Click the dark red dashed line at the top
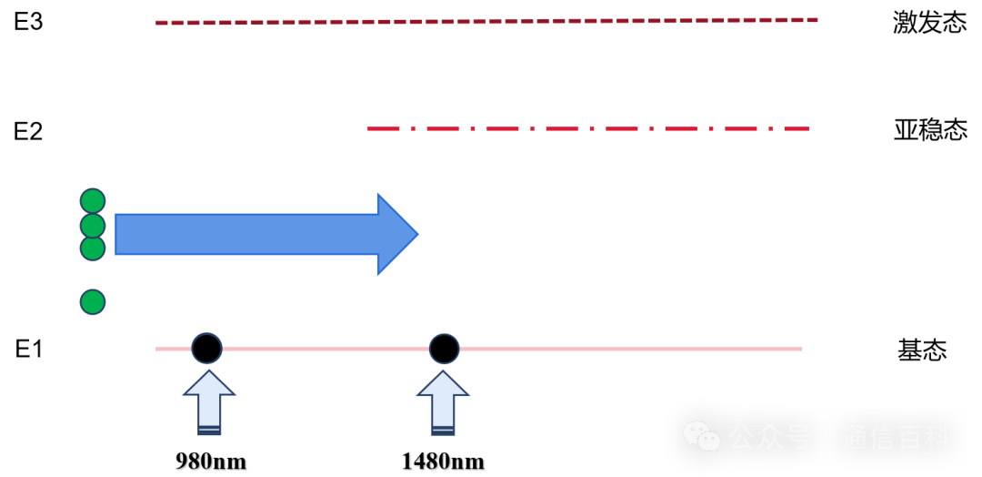pos(486,21)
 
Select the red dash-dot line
pos(564,128)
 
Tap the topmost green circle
pos(93,200)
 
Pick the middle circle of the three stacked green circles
pos(93,225)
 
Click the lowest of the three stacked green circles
pos(93,249)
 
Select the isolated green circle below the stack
pos(93,302)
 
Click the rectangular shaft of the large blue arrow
pos(245,234)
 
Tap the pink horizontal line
pos(618,349)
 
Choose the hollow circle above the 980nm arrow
pos(206,349)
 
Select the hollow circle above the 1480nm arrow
pos(444,349)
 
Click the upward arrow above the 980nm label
pos(209,401)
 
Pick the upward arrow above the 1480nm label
pos(443,401)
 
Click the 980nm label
pos(211,461)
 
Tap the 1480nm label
pos(443,461)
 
